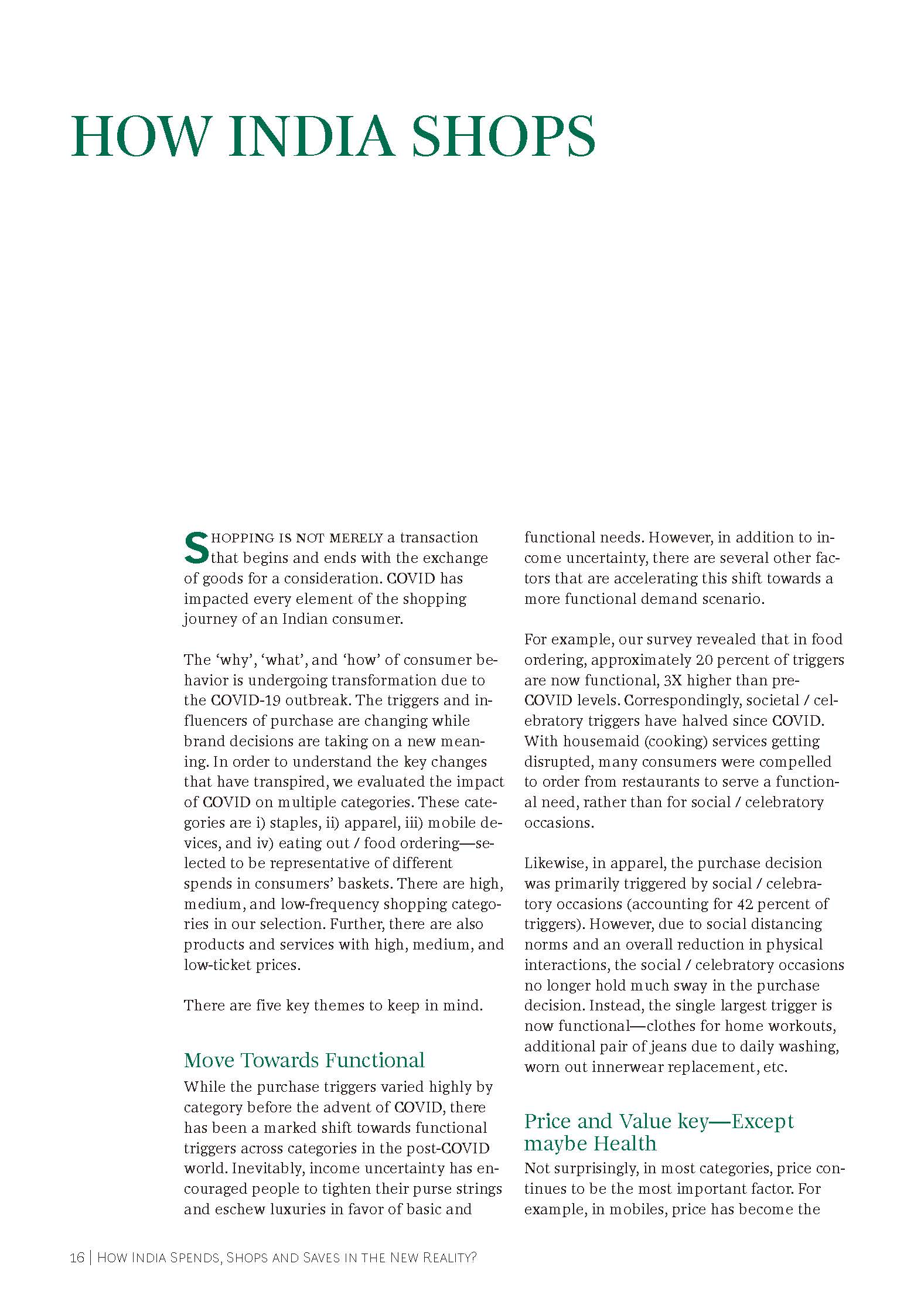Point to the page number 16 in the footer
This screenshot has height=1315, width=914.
click(x=77, y=1258)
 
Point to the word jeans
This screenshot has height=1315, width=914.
click(x=645, y=1046)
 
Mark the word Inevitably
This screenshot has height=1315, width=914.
click(x=267, y=1168)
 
